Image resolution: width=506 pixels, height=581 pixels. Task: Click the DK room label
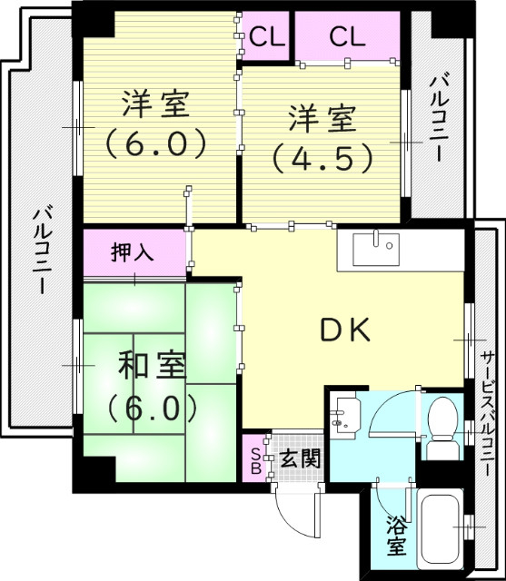point(346,330)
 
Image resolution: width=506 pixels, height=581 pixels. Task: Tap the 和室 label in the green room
point(153,368)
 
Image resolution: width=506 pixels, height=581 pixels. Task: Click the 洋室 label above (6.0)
point(155,103)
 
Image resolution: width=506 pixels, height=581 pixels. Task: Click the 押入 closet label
point(134,251)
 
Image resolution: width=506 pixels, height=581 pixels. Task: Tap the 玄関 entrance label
point(300,458)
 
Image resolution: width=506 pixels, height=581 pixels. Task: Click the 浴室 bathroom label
point(396,536)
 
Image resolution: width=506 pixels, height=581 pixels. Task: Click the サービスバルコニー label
point(488,417)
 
